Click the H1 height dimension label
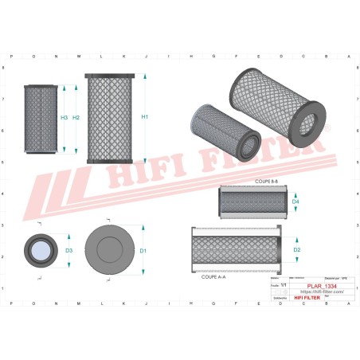[x=144, y=118]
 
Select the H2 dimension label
[x=76, y=118]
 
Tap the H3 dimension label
[x=64, y=118]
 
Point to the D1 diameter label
[x=143, y=251]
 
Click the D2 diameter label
[x=296, y=250]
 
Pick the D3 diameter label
[x=69, y=251]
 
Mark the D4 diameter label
[x=295, y=202]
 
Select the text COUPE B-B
[x=267, y=182]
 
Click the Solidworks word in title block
[x=280, y=299]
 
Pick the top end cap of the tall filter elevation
[x=108, y=75]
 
